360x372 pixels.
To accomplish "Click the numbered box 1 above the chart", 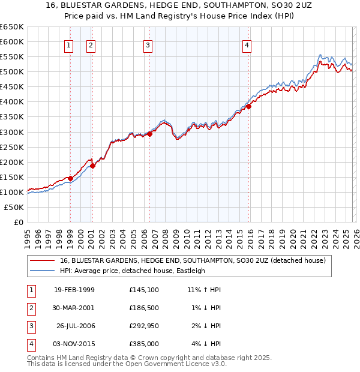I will [x=69, y=44].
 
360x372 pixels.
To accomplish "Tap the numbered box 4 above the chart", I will [x=247, y=44].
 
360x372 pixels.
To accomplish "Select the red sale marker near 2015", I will [x=248, y=106].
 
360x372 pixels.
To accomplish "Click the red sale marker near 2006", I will [x=149, y=134].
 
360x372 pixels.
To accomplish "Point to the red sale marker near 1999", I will [x=70, y=178].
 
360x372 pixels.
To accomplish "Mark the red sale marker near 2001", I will [x=92, y=166].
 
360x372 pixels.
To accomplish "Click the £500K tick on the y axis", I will [x=12, y=72].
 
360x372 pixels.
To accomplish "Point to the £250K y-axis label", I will [x=12, y=147].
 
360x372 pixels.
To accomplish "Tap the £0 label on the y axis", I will [x=17, y=222].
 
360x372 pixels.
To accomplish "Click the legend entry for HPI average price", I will [x=132, y=271].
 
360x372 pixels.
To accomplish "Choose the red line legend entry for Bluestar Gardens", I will [x=192, y=260].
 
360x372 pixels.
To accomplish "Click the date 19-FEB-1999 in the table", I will [x=74, y=290].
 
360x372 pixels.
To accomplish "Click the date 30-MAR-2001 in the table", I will [x=74, y=308].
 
